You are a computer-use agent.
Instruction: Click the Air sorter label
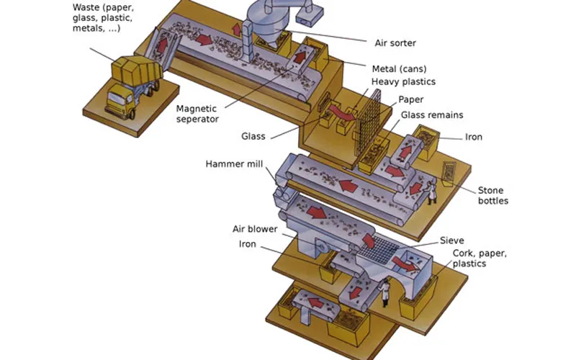coord(396,42)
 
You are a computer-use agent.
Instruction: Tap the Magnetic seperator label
coord(197,114)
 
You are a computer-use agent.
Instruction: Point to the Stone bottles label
coord(493,195)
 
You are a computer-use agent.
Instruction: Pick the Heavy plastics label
coord(403,82)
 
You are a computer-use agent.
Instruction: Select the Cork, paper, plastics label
coord(479,258)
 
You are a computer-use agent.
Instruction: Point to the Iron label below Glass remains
coord(473,137)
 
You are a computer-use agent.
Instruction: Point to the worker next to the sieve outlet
coord(386,292)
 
